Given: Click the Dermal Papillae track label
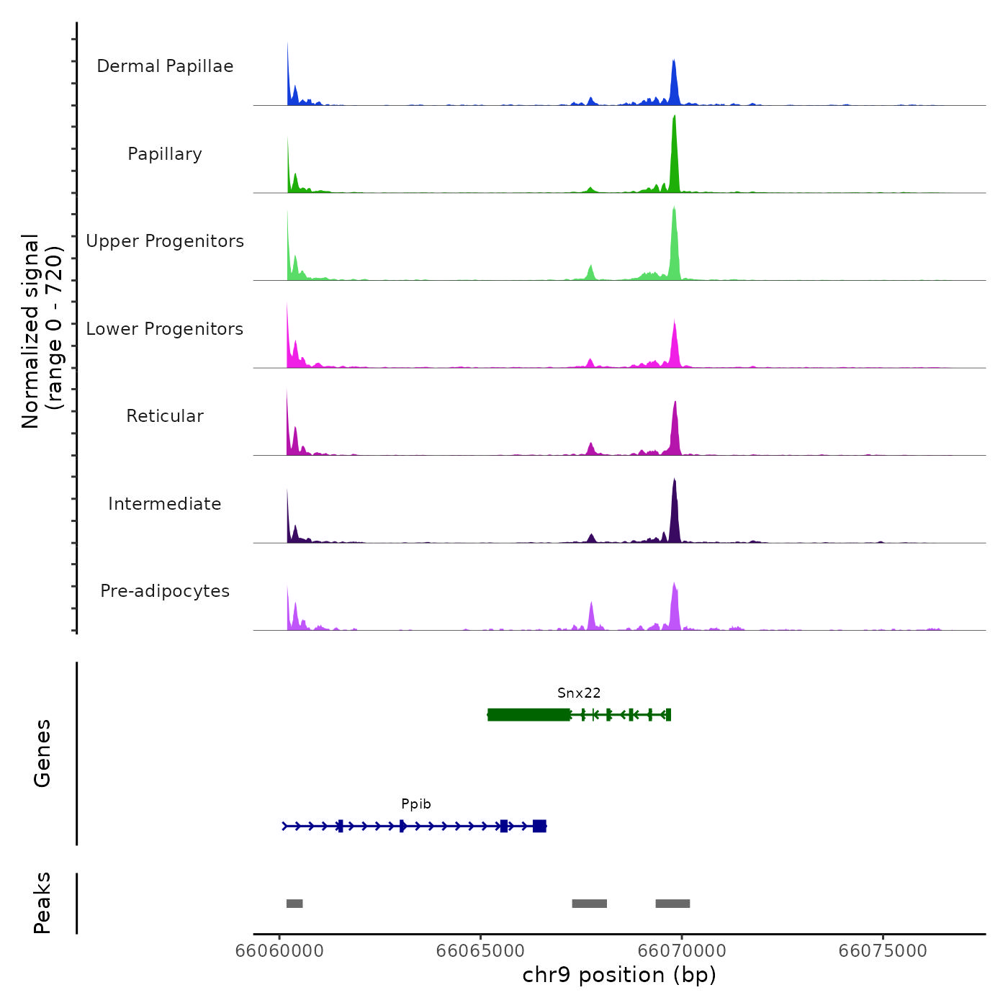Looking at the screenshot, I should point(165,66).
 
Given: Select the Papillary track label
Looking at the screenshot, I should point(165,154).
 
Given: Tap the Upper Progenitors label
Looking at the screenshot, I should point(165,241).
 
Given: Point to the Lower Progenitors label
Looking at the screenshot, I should point(165,329).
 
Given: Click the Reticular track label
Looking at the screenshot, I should point(165,416).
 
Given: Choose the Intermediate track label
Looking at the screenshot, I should point(165,504).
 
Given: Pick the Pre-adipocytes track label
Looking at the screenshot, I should point(165,591).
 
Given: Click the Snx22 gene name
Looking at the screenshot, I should point(579,693).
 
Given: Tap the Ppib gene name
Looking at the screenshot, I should point(416,804).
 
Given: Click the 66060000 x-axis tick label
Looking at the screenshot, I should point(280,951).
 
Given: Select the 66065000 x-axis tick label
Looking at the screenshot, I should point(480,951).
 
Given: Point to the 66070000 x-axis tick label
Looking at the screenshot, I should point(682,951).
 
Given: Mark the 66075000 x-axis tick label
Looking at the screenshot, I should point(883,951).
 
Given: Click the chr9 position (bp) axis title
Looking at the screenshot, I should point(619,976).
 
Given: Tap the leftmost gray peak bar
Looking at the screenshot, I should point(294,904).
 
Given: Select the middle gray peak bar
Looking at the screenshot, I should point(590,904).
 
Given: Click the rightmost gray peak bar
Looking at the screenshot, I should point(672,904).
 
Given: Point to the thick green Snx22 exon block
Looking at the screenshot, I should point(528,715).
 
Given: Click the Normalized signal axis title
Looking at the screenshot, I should point(42,331).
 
